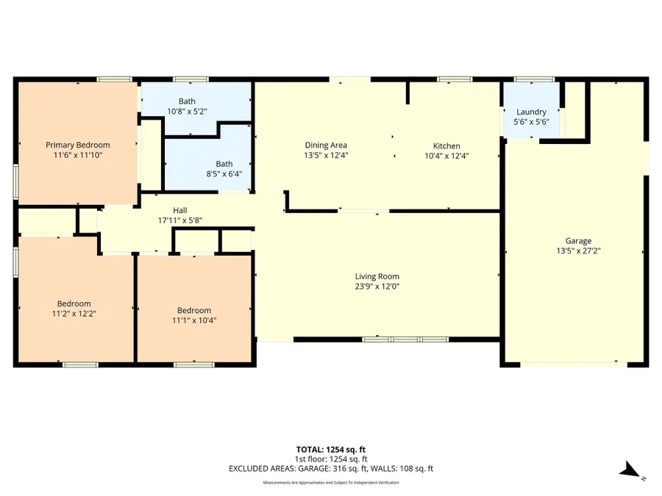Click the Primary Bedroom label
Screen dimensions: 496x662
78,145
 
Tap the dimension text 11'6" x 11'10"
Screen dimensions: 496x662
78,155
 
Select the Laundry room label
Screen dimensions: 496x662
530,112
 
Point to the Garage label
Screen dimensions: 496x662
578,240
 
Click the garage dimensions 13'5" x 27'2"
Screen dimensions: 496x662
578,251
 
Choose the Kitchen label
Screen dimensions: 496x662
446,145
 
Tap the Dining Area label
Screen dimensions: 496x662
326,145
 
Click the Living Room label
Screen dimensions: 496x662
377,276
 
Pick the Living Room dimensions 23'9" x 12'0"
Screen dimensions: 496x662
377,287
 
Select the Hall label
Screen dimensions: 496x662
180,209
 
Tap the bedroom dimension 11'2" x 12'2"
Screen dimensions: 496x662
74,314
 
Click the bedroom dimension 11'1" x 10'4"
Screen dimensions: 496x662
194,320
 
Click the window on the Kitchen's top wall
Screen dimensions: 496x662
455,79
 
